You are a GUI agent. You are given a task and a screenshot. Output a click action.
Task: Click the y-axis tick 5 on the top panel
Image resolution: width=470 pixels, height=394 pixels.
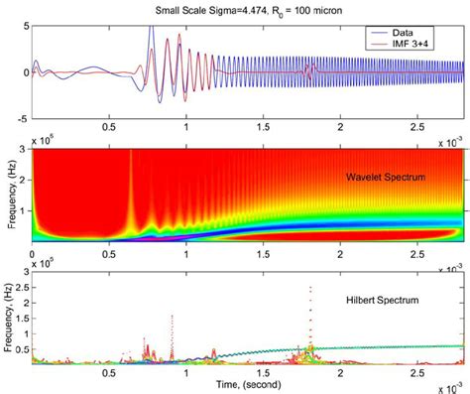(x=26, y=24)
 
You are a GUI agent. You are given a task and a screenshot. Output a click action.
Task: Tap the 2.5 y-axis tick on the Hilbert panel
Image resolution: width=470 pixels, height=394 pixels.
(x=22, y=288)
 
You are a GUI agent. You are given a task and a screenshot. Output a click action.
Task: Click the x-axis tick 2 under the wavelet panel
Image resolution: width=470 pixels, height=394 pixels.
(x=340, y=251)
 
